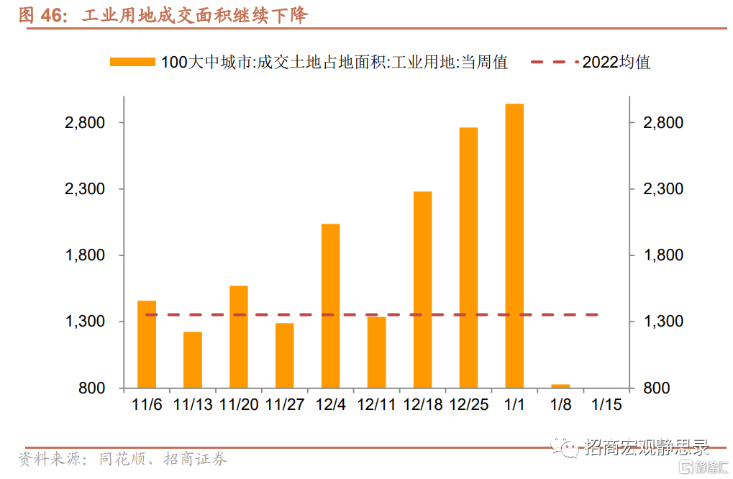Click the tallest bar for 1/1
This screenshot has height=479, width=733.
point(514,245)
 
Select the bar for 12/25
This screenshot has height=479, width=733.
point(468,257)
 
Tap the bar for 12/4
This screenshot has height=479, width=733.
point(330,306)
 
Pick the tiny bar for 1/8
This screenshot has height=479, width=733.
point(560,386)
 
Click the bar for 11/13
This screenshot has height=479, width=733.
point(192,360)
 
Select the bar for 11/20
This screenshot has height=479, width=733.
point(238,337)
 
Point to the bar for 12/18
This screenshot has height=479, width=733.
point(422,289)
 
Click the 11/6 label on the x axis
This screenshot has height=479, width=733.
point(147,404)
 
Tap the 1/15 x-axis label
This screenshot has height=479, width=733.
point(606,404)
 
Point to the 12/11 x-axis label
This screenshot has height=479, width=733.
point(376,404)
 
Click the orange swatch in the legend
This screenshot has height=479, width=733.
point(132,63)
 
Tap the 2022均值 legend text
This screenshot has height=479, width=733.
point(616,63)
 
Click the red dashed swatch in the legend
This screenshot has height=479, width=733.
point(554,63)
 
